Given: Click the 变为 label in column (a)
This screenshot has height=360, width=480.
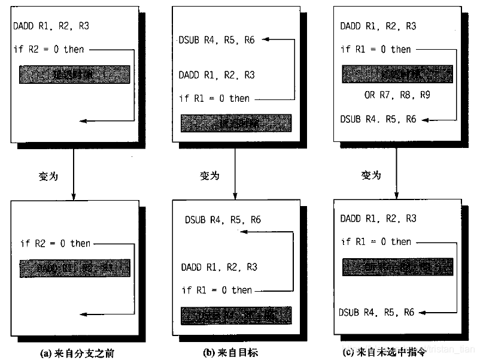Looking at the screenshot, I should pyautogui.click(x=47, y=176).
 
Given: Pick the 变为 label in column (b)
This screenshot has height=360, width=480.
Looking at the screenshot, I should pyautogui.click(x=209, y=176).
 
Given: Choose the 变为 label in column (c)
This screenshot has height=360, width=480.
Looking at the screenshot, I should pyautogui.click(x=371, y=176).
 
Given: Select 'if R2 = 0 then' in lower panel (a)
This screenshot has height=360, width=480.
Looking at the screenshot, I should pyautogui.click(x=55, y=243).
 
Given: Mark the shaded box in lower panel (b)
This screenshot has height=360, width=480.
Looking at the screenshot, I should pyautogui.click(x=236, y=315).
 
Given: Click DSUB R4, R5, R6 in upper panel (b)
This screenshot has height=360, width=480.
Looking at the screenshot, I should pyautogui.click(x=216, y=40).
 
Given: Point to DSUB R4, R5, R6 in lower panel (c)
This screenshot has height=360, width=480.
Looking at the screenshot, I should pyautogui.click(x=377, y=312).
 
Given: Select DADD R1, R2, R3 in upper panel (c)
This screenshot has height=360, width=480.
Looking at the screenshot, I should pyautogui.click(x=378, y=26).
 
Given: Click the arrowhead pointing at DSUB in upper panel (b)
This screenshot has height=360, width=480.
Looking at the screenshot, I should pyautogui.click(x=265, y=40).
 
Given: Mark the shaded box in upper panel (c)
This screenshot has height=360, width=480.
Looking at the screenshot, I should pyautogui.click(x=397, y=74).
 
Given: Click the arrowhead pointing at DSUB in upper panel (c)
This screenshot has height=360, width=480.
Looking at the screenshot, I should pyautogui.click(x=424, y=119).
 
